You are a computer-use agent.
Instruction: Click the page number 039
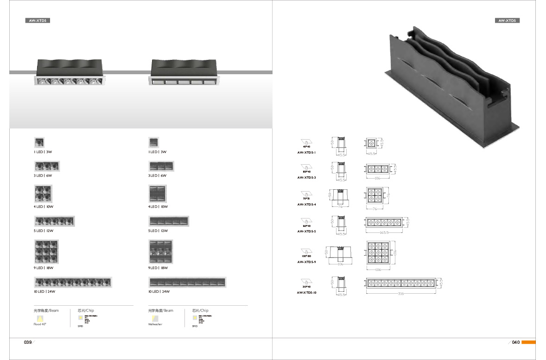(x=28, y=342)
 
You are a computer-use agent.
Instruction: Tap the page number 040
(x=516, y=342)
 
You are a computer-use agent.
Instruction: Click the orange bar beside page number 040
(x=528, y=342)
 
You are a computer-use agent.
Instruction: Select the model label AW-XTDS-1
(x=306, y=152)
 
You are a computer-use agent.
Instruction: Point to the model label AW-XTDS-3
(x=306, y=177)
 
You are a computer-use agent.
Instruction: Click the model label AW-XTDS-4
(x=306, y=204)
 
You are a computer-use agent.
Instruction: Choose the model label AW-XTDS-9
(x=306, y=262)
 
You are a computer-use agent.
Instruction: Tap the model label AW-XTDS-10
(x=307, y=293)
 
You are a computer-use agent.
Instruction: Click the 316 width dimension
(x=400, y=293)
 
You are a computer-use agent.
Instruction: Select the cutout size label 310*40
(x=306, y=287)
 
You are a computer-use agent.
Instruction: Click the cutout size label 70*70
(x=306, y=199)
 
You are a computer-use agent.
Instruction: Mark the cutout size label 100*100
(x=306, y=256)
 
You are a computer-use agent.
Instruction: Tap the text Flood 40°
(x=40, y=324)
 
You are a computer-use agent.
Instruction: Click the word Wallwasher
(x=155, y=324)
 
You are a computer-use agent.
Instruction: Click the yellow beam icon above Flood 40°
(x=40, y=318)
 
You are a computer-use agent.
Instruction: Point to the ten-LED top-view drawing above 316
(x=400, y=283)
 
